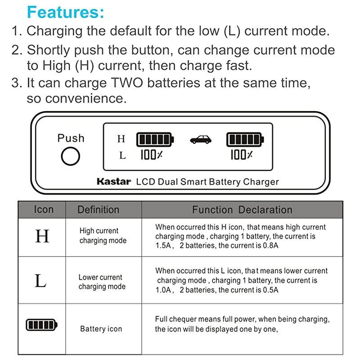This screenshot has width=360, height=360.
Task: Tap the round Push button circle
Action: (x=71, y=157)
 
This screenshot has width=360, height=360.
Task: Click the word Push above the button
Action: (x=71, y=138)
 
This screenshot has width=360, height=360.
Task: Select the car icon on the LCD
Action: (x=201, y=140)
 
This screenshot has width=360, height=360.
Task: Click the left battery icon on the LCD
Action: (x=155, y=139)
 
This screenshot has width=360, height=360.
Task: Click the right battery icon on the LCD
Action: (x=245, y=139)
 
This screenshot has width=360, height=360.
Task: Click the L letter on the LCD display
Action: (x=122, y=156)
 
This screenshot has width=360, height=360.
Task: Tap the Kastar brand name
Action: (x=113, y=182)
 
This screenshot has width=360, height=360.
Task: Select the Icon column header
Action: (x=43, y=210)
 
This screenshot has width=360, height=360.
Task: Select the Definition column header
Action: (x=98, y=210)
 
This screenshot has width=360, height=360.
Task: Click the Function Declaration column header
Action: (x=242, y=210)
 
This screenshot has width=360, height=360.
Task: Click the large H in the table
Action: (x=42, y=236)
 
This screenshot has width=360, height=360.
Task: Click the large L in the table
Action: (x=40, y=281)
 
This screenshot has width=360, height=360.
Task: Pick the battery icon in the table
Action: (x=41, y=324)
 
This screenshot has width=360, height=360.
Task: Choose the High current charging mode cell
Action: (x=103, y=236)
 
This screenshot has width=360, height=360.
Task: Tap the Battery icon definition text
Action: (x=101, y=329)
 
